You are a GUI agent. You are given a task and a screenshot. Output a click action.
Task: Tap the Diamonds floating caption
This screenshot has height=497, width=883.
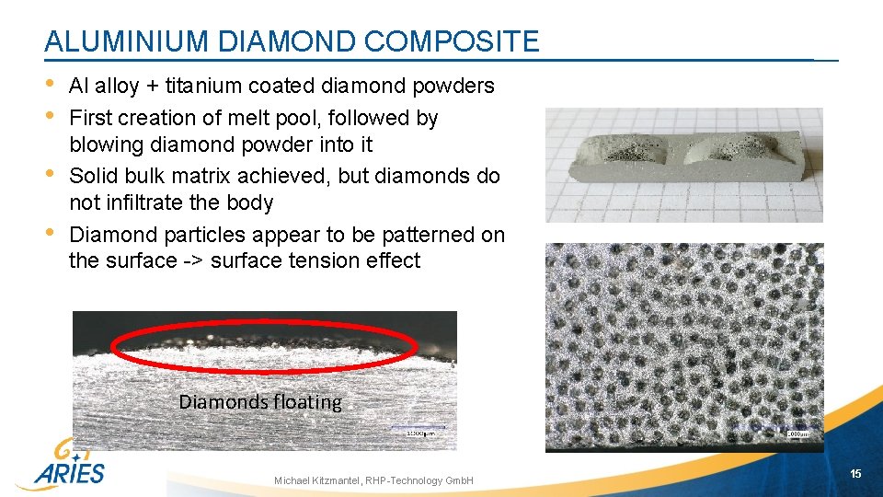[259, 402]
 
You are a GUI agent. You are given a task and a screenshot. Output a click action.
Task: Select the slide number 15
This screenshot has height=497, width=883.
[855, 474]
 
